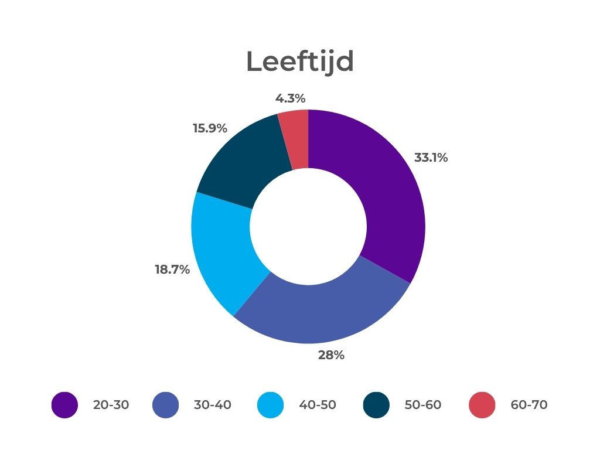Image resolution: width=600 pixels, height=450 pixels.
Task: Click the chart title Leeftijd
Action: pyautogui.click(x=299, y=62)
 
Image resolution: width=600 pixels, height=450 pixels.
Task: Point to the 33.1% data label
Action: pyautogui.click(x=431, y=158)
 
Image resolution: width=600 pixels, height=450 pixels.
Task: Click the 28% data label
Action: pyautogui.click(x=331, y=355)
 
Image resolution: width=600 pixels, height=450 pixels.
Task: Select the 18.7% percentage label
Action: pyautogui.click(x=172, y=270)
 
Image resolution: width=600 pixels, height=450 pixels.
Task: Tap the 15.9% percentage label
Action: pyautogui.click(x=210, y=128)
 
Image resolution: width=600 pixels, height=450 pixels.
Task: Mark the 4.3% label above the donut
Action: pyautogui.click(x=291, y=98)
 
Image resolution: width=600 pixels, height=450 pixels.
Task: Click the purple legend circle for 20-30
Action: pyautogui.click(x=64, y=405)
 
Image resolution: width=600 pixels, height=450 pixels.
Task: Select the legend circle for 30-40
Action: pyautogui.click(x=165, y=405)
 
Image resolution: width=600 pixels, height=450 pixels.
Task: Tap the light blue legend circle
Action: pyautogui.click(x=271, y=405)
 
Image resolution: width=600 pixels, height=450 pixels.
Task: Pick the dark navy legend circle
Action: pyautogui.click(x=376, y=405)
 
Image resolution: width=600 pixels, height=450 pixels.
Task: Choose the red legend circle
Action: pyautogui.click(x=482, y=405)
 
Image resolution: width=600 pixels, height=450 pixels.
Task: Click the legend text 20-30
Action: pyautogui.click(x=111, y=405)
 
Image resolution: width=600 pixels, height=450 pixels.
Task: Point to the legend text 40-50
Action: pyautogui.click(x=318, y=405)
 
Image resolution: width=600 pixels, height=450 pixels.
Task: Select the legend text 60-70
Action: pyautogui.click(x=529, y=405)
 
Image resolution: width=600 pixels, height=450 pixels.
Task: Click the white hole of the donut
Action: pyautogui.click(x=308, y=227)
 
